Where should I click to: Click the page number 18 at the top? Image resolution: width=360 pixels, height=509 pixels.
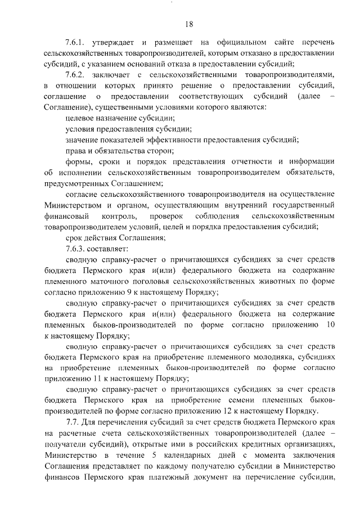click(x=189, y=23)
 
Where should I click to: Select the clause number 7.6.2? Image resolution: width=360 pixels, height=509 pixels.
click(x=76, y=75)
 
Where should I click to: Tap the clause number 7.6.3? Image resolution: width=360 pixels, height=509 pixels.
click(x=76, y=248)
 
